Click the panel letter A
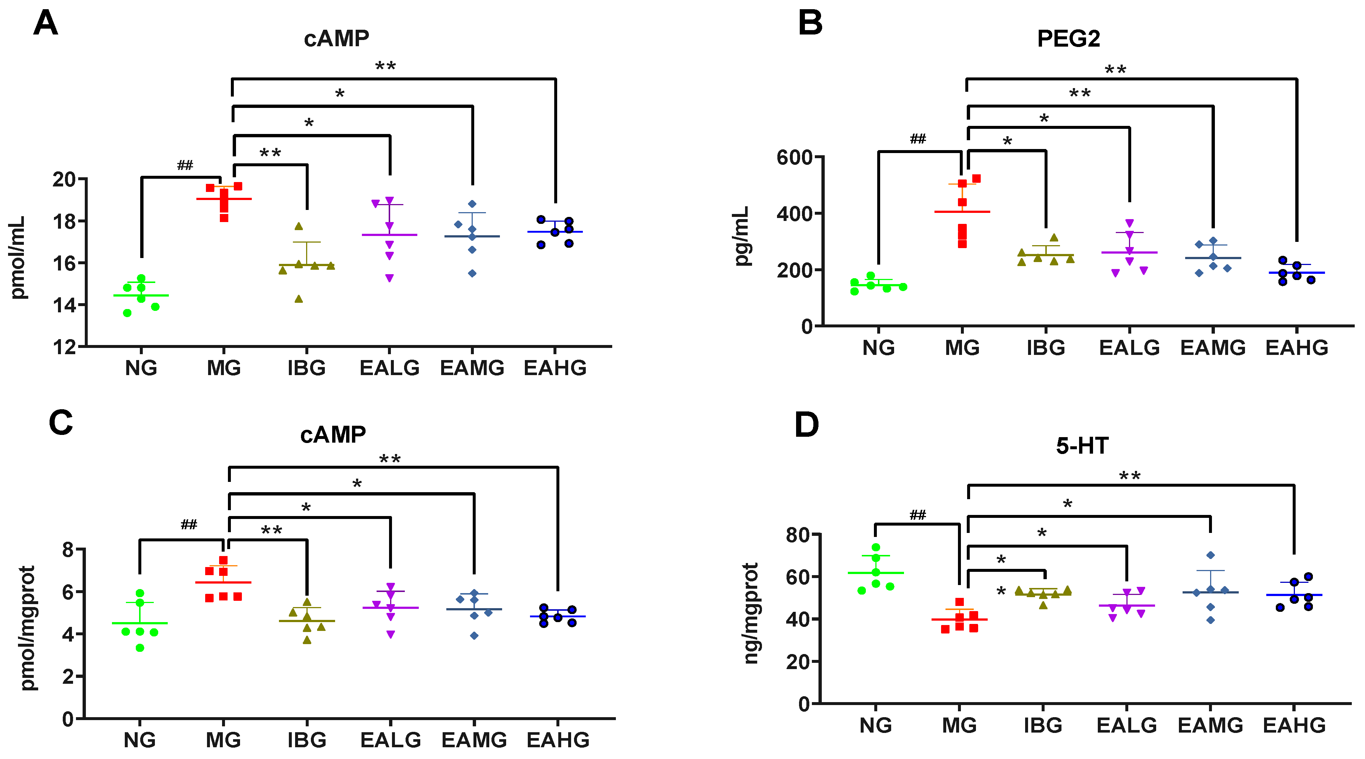tap(46, 23)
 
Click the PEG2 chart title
tap(1068, 39)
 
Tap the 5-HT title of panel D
tap(1082, 446)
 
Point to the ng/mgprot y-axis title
tap(750, 613)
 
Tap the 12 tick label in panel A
tap(65, 347)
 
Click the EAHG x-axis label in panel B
tap(1297, 348)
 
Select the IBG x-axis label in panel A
tap(306, 368)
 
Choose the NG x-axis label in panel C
tap(139, 740)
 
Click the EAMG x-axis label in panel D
tap(1210, 725)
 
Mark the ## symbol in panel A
tap(185, 166)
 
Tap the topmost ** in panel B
tap(1115, 70)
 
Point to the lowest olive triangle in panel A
tap(299, 299)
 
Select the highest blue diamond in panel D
tap(1210, 555)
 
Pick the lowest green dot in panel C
tap(140, 648)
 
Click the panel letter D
tap(806, 425)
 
